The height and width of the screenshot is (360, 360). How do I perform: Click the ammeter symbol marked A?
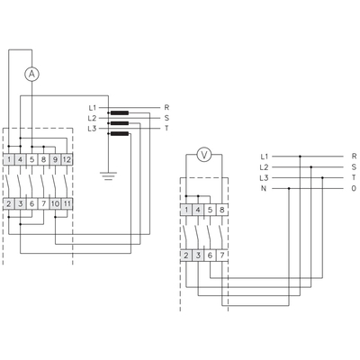click(x=31, y=74)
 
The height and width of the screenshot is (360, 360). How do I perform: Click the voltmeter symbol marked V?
click(x=204, y=155)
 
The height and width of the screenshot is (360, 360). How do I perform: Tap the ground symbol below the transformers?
click(x=108, y=175)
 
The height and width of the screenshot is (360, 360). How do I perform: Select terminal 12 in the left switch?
click(x=67, y=159)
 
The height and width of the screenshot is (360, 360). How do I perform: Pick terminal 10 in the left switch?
click(x=55, y=204)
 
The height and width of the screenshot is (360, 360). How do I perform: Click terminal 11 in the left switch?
click(x=67, y=204)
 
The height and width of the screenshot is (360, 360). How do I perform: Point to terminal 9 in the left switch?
click(x=55, y=159)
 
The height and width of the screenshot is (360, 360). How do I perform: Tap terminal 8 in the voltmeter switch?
click(x=222, y=210)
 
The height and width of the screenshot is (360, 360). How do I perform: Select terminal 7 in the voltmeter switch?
click(x=222, y=256)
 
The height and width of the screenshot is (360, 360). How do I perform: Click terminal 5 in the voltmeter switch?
click(x=210, y=210)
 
